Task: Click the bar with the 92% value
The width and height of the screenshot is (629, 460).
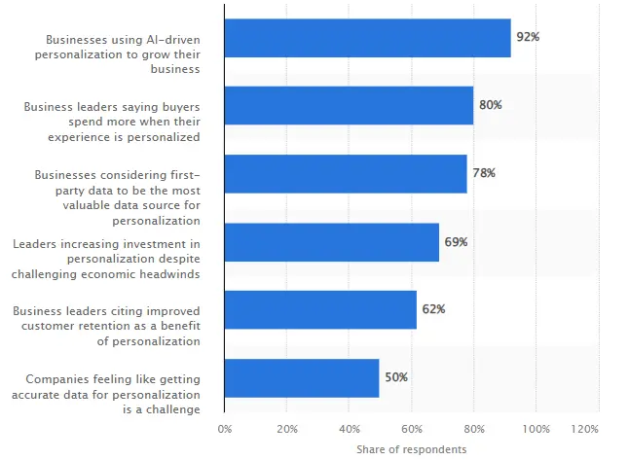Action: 367,38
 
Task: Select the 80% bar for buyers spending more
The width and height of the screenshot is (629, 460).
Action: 349,105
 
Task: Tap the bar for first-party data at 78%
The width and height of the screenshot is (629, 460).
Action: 346,173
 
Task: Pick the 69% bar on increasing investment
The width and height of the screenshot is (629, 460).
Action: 331,241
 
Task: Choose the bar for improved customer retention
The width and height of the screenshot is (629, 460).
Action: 320,309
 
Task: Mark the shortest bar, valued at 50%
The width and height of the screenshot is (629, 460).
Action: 302,377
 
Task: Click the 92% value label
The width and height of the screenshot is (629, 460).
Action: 528,37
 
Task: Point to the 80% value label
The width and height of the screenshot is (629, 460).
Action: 490,105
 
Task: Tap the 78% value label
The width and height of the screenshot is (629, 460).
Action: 484,173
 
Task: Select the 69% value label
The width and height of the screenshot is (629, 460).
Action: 456,241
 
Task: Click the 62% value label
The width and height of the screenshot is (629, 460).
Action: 433,309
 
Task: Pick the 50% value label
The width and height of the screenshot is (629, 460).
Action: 395,377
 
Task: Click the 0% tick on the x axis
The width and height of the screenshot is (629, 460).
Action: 225,429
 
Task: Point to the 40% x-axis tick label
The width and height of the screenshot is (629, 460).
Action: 350,429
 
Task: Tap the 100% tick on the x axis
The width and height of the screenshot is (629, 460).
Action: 536,429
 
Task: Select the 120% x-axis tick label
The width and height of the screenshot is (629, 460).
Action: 584,429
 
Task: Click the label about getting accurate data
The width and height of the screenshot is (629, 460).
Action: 112,394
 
